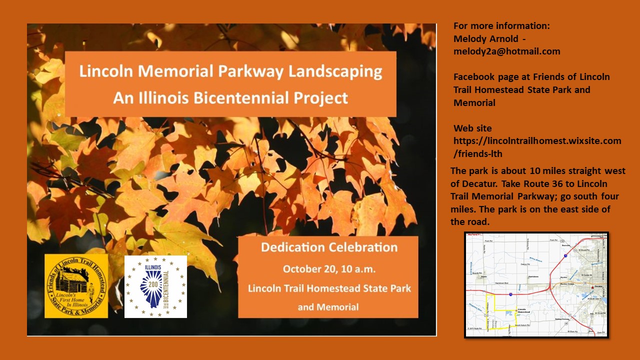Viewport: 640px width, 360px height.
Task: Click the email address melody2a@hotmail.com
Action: [x=506, y=51]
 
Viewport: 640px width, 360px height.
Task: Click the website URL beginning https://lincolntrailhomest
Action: [x=537, y=141]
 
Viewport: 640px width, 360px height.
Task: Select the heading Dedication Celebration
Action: [x=329, y=247]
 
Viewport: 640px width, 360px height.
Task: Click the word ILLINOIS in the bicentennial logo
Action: [x=153, y=267]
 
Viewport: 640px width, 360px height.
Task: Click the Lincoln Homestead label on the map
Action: [x=523, y=311]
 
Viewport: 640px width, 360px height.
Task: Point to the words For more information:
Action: [x=501, y=26]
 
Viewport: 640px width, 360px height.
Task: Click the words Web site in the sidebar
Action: [x=472, y=128]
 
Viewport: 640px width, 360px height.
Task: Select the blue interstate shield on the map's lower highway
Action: [x=510, y=294]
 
